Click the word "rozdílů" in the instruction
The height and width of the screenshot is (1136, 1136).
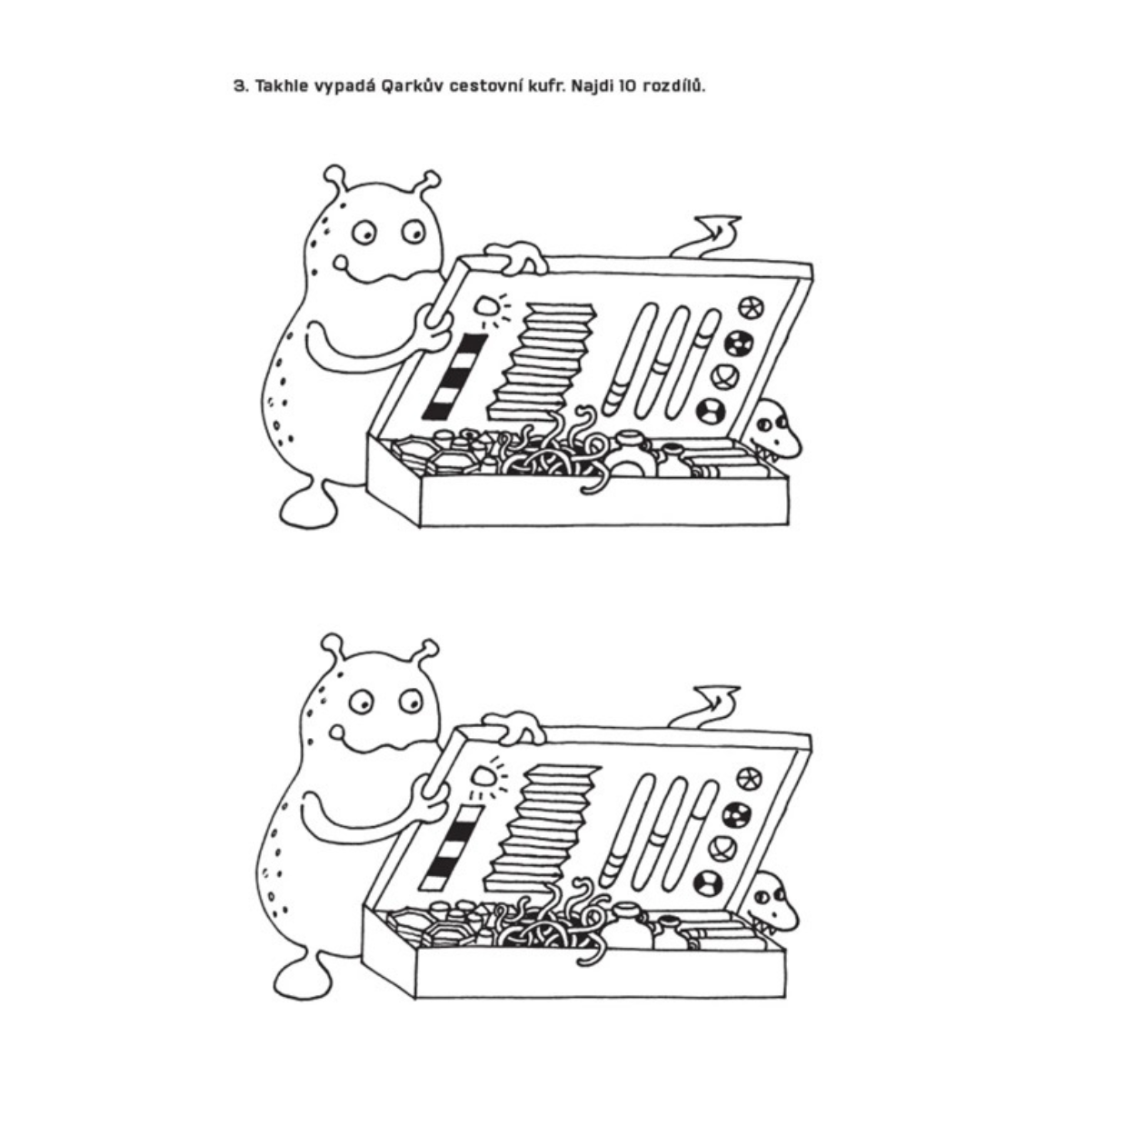[x=673, y=85]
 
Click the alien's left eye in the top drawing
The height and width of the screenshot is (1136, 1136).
[x=364, y=233]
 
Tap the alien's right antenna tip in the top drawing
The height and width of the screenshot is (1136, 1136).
[x=432, y=179]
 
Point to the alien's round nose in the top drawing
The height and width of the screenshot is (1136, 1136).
[x=342, y=263]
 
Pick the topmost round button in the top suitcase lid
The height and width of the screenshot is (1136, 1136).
[x=751, y=307]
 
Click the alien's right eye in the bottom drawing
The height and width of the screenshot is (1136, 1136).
[x=410, y=701]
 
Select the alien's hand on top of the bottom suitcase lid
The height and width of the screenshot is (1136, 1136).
[x=513, y=727]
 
